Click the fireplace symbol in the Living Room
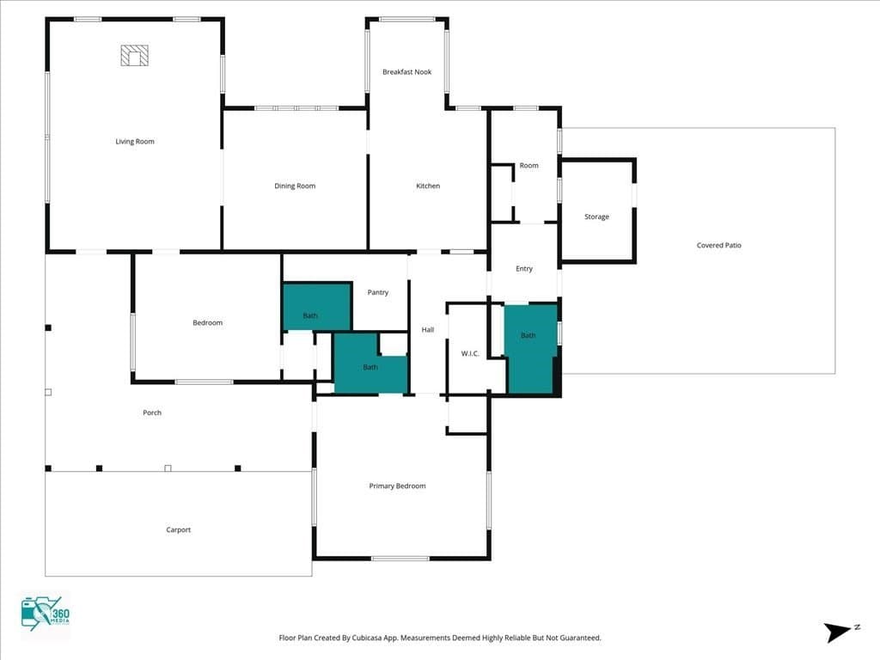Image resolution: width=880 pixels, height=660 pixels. click(x=135, y=56)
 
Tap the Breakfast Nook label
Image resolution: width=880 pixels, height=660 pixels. click(x=406, y=72)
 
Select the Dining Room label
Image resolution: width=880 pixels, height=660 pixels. click(x=295, y=186)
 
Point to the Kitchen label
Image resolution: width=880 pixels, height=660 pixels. click(x=428, y=186)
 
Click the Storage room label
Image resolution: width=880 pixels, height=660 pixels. click(x=596, y=217)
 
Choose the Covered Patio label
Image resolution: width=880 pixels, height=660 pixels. click(x=719, y=245)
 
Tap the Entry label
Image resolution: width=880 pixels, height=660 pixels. click(x=524, y=269)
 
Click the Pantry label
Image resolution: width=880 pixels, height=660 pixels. click(x=378, y=292)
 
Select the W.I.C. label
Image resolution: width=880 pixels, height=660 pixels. click(x=470, y=353)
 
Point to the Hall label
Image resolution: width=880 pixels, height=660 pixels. click(x=428, y=330)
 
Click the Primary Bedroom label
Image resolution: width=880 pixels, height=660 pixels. click(x=397, y=486)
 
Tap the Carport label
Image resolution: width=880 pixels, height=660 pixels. click(x=179, y=529)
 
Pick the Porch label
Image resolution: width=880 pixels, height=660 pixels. click(x=152, y=412)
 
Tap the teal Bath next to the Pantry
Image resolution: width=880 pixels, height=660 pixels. click(x=317, y=307)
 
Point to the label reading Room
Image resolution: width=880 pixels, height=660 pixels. click(x=529, y=166)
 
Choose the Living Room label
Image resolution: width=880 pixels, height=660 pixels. click(x=135, y=142)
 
